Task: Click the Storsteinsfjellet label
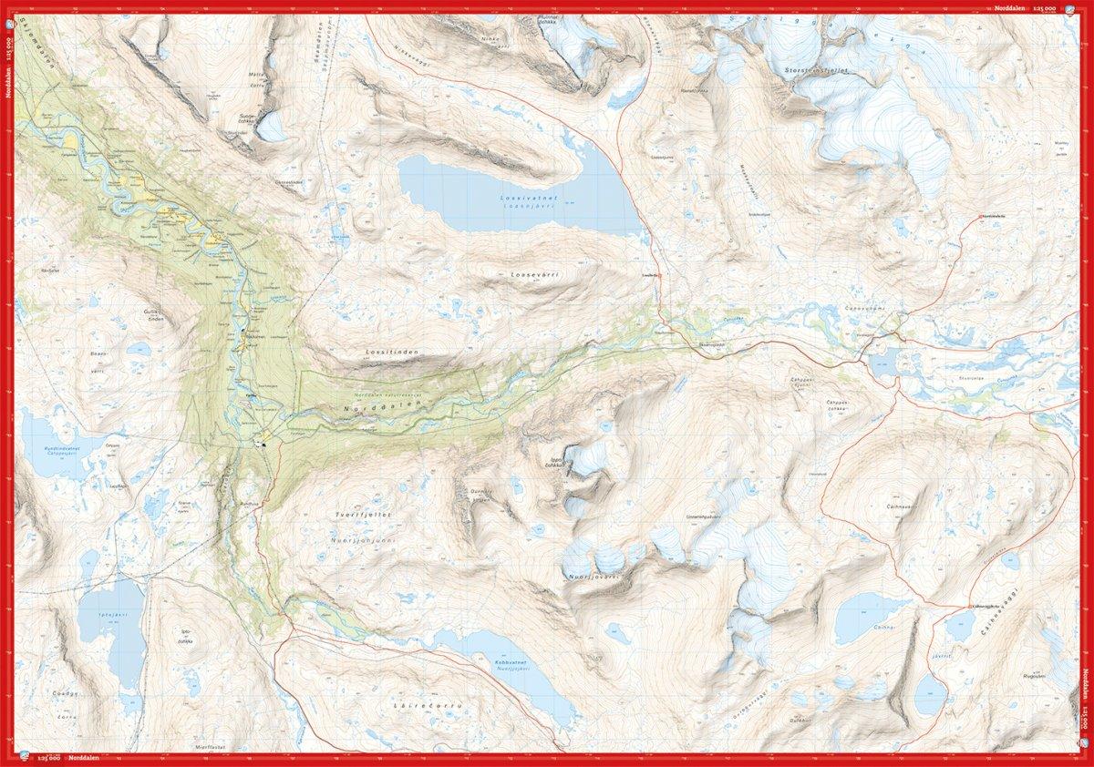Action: pyautogui.click(x=820, y=69)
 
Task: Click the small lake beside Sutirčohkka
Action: pyautogui.click(x=270, y=127)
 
